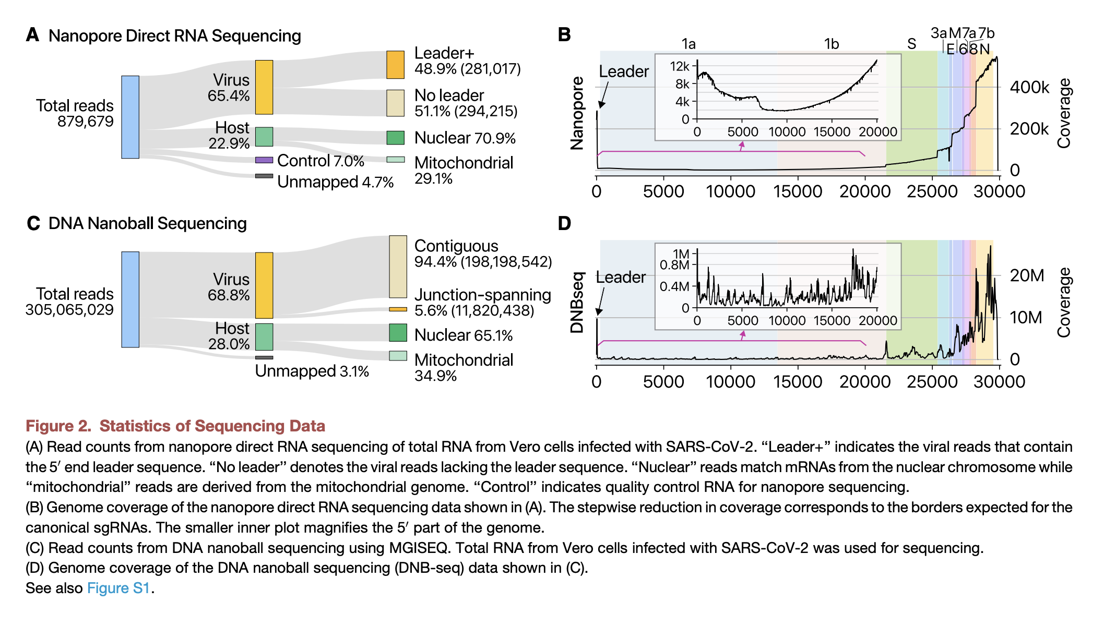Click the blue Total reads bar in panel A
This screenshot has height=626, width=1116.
coord(130,117)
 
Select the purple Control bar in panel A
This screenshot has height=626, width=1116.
coord(264,160)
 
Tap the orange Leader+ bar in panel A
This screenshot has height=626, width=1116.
coord(395,65)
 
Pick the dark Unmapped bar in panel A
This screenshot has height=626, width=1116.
coord(264,176)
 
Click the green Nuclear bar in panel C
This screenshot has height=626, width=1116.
coord(398,333)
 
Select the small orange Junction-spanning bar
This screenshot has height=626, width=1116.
coord(398,309)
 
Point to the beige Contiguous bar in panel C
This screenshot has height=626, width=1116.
coord(398,267)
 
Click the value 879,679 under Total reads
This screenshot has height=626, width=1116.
coord(86,122)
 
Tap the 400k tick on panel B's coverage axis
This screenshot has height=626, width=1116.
coord(1029,87)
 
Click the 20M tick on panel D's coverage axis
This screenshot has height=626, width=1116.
coord(1027,275)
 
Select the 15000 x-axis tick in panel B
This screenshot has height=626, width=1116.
coord(797,191)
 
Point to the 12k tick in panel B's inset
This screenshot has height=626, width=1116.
coord(680,66)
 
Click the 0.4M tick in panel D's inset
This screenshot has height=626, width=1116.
coord(674,286)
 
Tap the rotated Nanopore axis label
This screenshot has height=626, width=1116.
coord(577,113)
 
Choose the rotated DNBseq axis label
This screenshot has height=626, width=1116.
coord(577,303)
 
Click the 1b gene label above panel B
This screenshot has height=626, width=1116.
coord(832,44)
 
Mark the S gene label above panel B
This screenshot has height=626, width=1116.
coord(911,44)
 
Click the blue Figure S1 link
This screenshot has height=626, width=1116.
coord(118,588)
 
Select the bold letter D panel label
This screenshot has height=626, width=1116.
coord(564,224)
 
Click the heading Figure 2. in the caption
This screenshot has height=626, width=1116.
coord(58,426)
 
